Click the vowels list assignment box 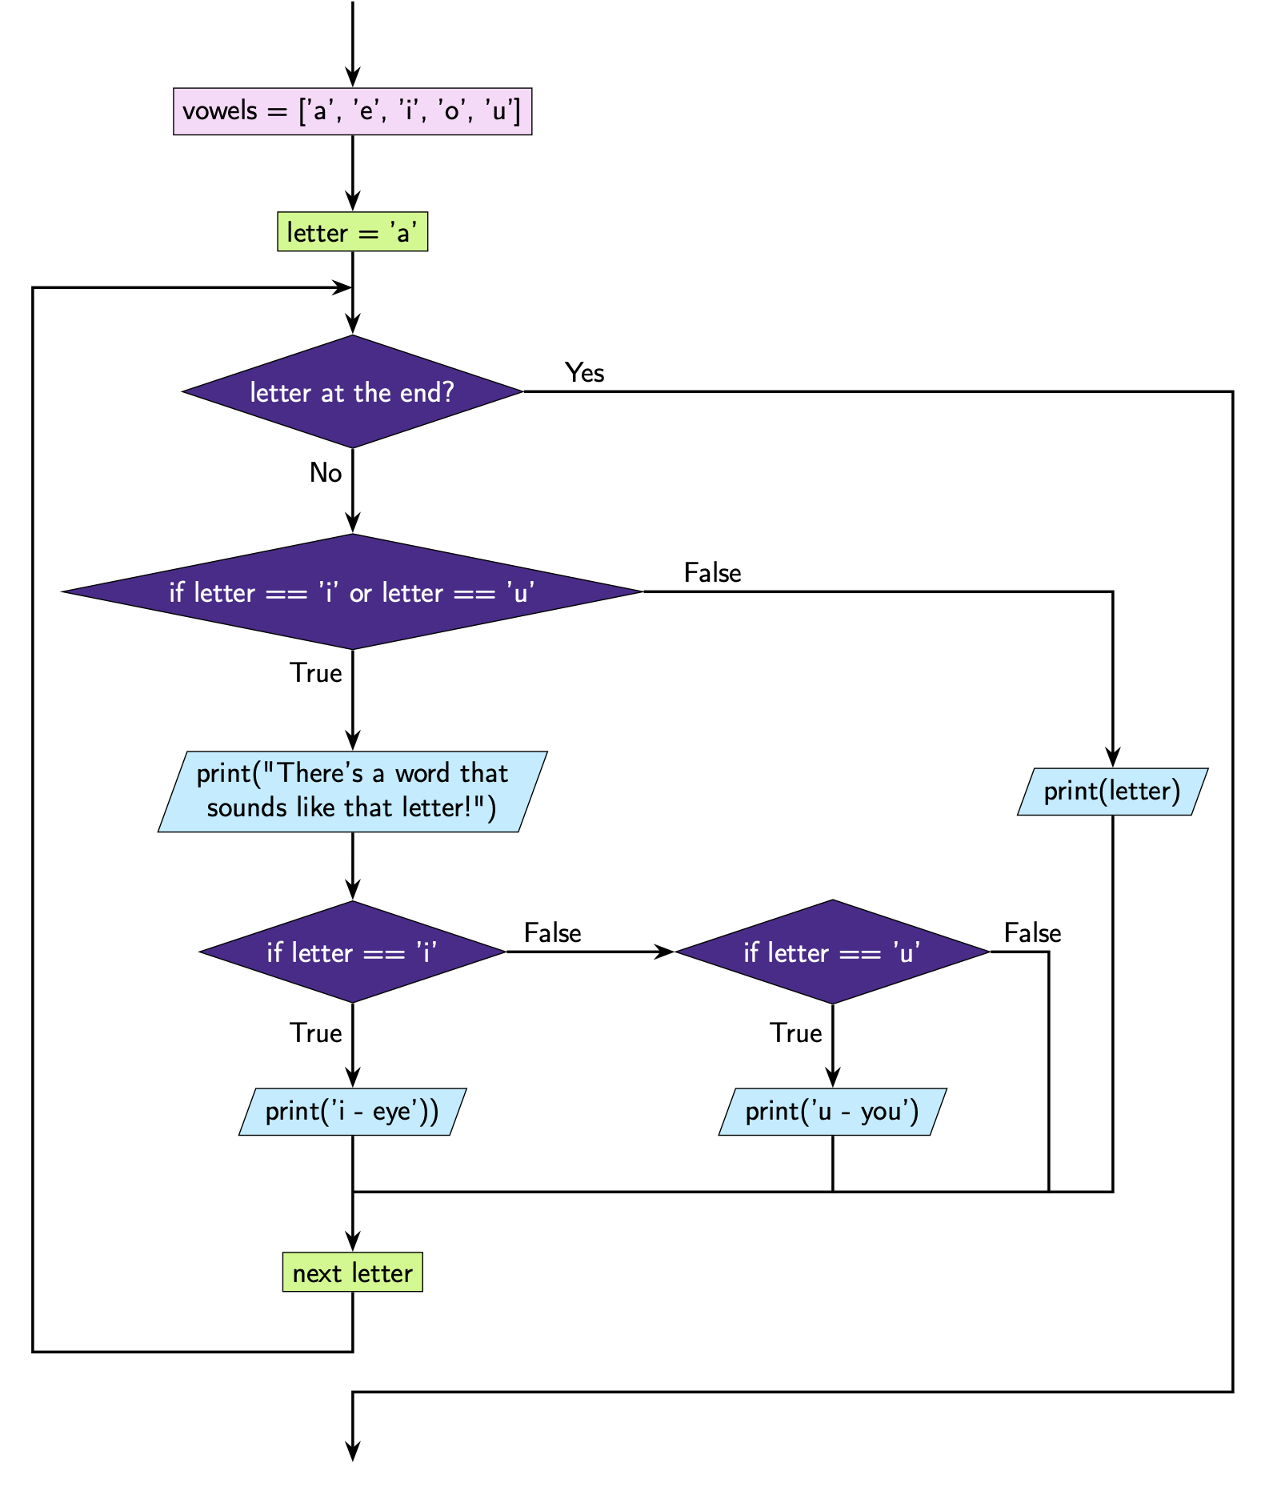pyautogui.click(x=352, y=111)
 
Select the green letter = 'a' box pyautogui.click(x=352, y=232)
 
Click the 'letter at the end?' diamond pyautogui.click(x=352, y=392)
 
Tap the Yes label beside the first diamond pyautogui.click(x=584, y=373)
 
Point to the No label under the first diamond pyautogui.click(x=326, y=473)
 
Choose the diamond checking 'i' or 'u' pyautogui.click(x=352, y=592)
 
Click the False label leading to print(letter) pyautogui.click(x=712, y=573)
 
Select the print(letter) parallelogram pyautogui.click(x=1112, y=792)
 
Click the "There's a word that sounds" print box pyautogui.click(x=352, y=792)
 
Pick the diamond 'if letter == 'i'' pyautogui.click(x=352, y=952)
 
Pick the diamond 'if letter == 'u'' pyautogui.click(x=832, y=952)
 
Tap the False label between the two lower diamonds pyautogui.click(x=552, y=933)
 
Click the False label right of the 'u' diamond pyautogui.click(x=1032, y=933)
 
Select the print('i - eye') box pyautogui.click(x=352, y=1112)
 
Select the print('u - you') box pyautogui.click(x=832, y=1112)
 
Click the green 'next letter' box pyautogui.click(x=352, y=1273)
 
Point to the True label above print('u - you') pyautogui.click(x=795, y=1033)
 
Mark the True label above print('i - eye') pyautogui.click(x=315, y=1033)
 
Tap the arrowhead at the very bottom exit pyautogui.click(x=352, y=1452)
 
